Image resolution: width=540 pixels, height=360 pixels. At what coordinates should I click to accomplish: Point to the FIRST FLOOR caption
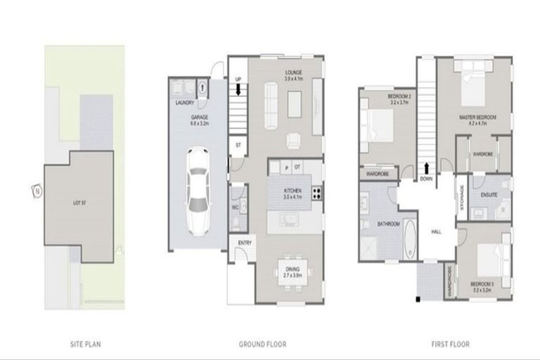(451, 345)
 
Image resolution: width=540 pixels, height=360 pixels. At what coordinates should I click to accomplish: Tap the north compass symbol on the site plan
(34, 190)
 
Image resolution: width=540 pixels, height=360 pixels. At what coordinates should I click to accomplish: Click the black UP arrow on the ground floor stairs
(238, 89)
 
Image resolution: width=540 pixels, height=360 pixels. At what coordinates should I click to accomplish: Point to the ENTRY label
(245, 243)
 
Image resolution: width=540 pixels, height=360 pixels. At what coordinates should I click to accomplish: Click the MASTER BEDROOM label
(477, 117)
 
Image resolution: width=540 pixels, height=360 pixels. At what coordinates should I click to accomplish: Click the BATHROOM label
(388, 224)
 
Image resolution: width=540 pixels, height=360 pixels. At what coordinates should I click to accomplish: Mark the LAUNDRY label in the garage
(185, 103)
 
